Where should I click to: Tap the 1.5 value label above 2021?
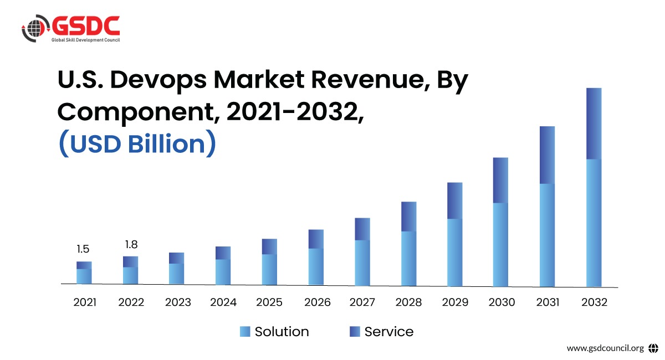pyautogui.click(x=83, y=249)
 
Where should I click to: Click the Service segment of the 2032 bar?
pyautogui.click(x=594, y=124)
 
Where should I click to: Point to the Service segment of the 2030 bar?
pyautogui.click(x=500, y=180)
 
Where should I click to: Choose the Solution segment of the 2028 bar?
pyautogui.click(x=408, y=258)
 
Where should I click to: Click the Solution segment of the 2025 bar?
pyautogui.click(x=269, y=269)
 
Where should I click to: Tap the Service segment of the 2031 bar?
pyautogui.click(x=547, y=155)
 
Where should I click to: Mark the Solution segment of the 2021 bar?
pyautogui.click(x=84, y=276)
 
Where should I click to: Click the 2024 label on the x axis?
pyautogui.click(x=223, y=302)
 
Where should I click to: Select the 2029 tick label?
pyautogui.click(x=455, y=302)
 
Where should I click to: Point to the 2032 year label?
pyautogui.click(x=594, y=302)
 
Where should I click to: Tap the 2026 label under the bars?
pyautogui.click(x=317, y=302)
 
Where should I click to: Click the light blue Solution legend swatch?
pyautogui.click(x=245, y=332)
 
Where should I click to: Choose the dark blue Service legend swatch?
pyautogui.click(x=355, y=332)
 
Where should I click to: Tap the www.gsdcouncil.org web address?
pyautogui.click(x=605, y=348)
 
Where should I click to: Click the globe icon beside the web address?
pyautogui.click(x=653, y=348)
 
